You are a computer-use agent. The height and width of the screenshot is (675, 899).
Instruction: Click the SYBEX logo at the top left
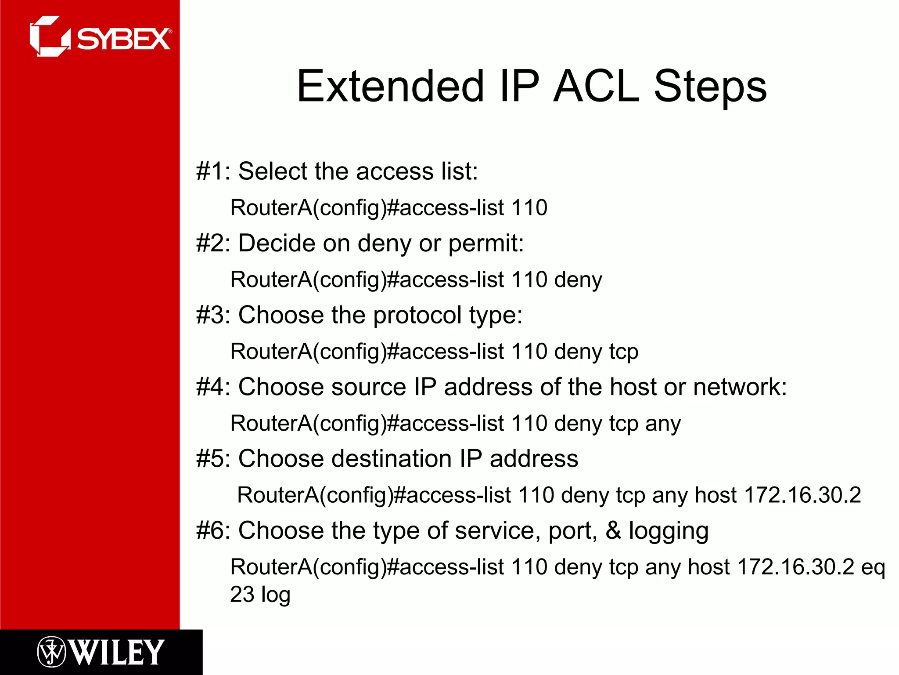pyautogui.click(x=101, y=37)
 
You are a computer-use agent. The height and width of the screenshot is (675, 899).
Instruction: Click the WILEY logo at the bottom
pyautogui.click(x=101, y=652)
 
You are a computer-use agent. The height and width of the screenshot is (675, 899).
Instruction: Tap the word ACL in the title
pyautogui.click(x=596, y=87)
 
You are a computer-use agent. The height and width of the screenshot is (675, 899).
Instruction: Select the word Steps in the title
pyautogui.click(x=710, y=87)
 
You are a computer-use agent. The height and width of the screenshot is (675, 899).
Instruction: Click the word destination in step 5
pyautogui.click(x=391, y=459)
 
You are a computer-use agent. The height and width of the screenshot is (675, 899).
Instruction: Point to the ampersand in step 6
pyautogui.click(x=613, y=530)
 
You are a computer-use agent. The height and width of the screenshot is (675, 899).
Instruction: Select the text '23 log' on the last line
pyautogui.click(x=260, y=595)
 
